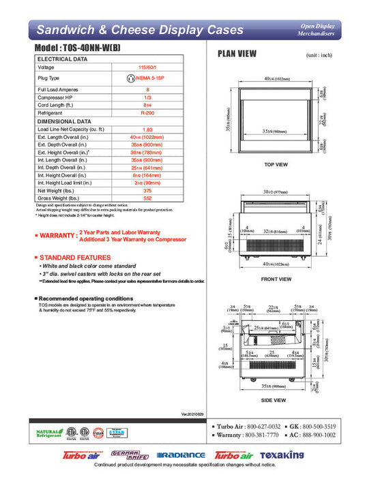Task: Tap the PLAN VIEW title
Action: pos(237,54)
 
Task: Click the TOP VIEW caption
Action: pos(277,164)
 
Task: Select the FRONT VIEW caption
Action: pos(277,279)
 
